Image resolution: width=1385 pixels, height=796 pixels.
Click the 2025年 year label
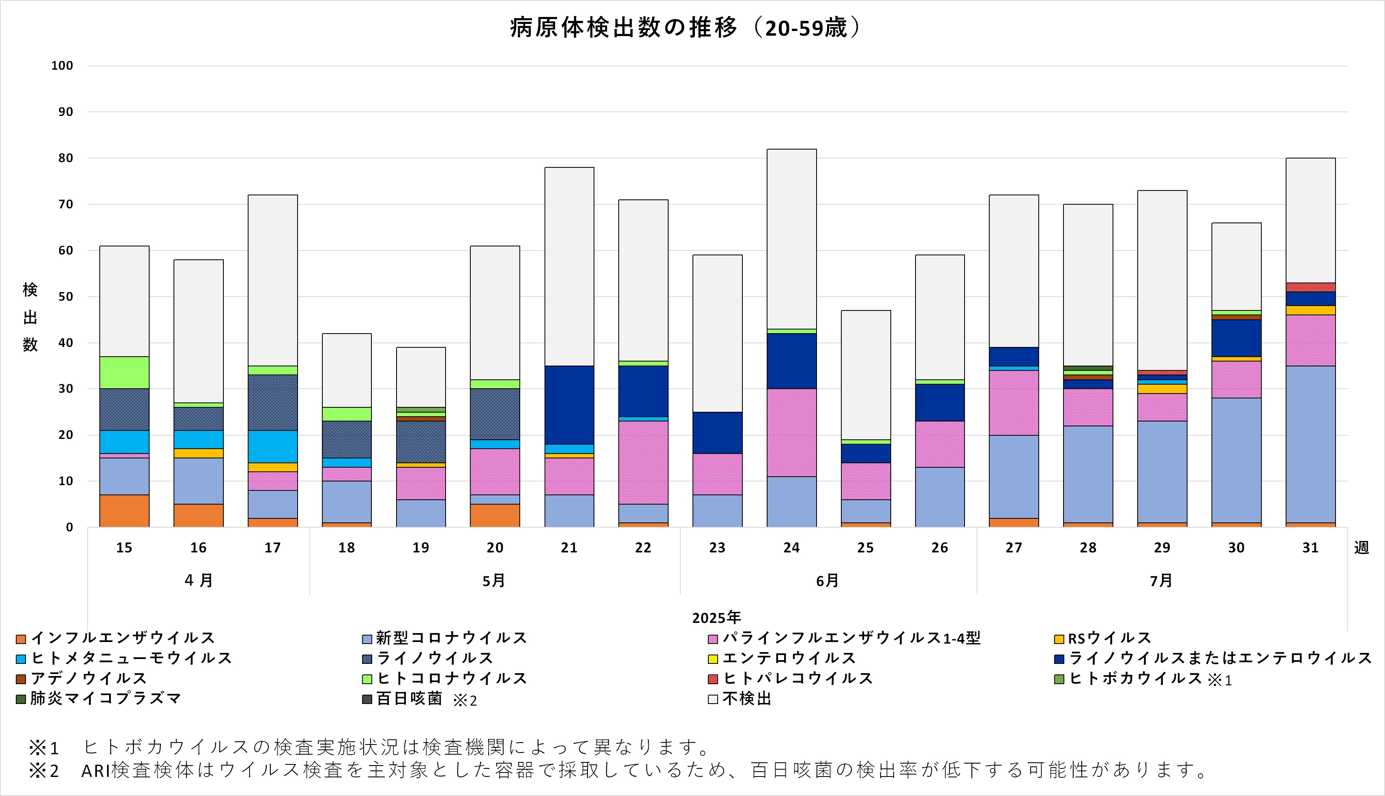click(x=716, y=618)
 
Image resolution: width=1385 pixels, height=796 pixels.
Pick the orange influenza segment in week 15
click(x=124, y=511)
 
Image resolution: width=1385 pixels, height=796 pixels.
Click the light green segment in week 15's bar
click(x=124, y=372)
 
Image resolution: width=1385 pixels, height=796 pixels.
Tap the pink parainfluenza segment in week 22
click(x=643, y=462)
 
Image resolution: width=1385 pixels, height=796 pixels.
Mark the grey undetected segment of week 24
click(x=791, y=239)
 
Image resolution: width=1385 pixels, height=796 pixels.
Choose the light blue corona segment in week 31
click(x=1310, y=444)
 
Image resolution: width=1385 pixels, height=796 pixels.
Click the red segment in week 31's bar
click(x=1310, y=287)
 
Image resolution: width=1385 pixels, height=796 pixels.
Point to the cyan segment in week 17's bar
click(x=272, y=447)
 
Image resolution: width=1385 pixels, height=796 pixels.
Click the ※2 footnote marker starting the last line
click(x=44, y=770)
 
